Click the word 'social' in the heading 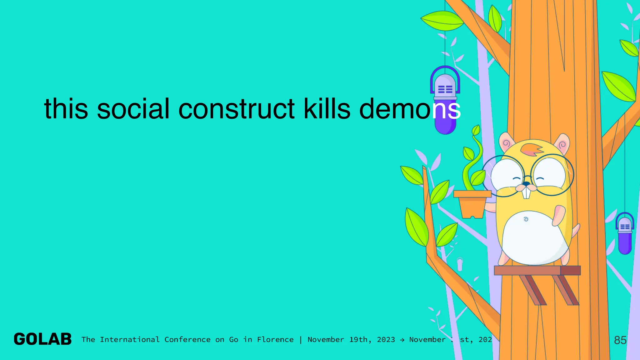[x=133, y=109]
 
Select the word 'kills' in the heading [x=327, y=109]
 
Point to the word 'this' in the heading [x=66, y=109]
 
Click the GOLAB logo [x=43, y=339]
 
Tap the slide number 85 [x=620, y=340]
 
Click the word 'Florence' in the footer [x=275, y=340]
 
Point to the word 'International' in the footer [x=130, y=340]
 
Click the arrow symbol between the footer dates [x=402, y=340]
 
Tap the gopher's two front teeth [x=527, y=193]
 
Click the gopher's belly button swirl [x=526, y=219]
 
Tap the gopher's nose [x=527, y=184]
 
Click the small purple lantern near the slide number [x=625, y=233]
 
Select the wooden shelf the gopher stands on [x=537, y=270]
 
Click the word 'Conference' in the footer [x=187, y=340]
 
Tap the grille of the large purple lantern [x=445, y=89]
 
